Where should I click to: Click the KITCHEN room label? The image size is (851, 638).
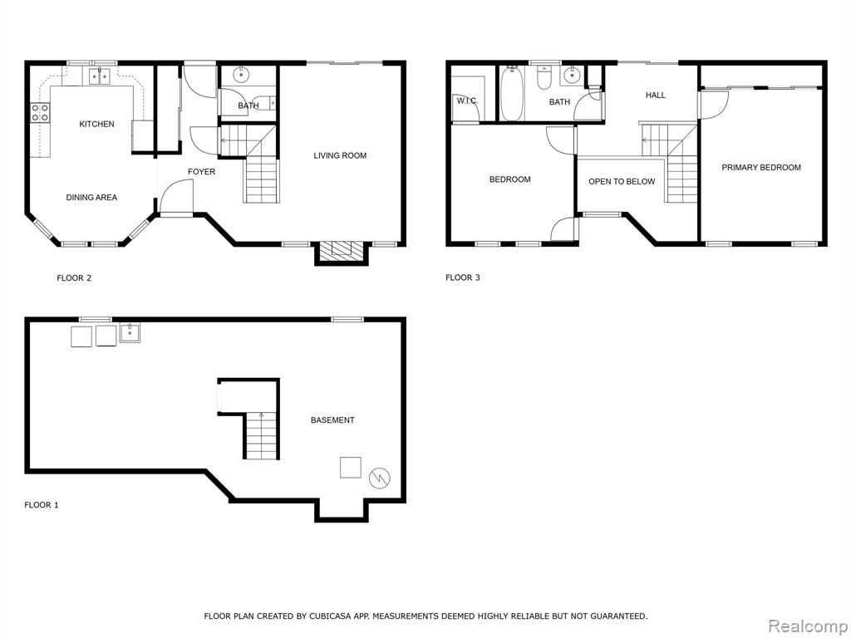pyautogui.click(x=96, y=125)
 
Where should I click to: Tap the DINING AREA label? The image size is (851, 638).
pyautogui.click(x=91, y=198)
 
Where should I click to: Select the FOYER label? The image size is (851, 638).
pyautogui.click(x=201, y=172)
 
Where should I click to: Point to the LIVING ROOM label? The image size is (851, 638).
pyautogui.click(x=340, y=155)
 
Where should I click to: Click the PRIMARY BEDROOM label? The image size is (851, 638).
pyautogui.click(x=761, y=168)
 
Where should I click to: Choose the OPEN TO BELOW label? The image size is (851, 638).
pyautogui.click(x=622, y=182)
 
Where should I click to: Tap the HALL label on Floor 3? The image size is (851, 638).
pyautogui.click(x=655, y=96)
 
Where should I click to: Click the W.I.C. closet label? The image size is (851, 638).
pyautogui.click(x=467, y=101)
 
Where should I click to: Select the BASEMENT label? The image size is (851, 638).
pyautogui.click(x=332, y=420)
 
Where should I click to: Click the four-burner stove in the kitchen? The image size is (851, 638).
pyautogui.click(x=40, y=113)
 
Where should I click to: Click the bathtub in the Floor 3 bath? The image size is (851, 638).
pyautogui.click(x=512, y=93)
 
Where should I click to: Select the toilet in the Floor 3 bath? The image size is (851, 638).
pyautogui.click(x=544, y=77)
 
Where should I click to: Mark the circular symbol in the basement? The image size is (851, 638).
pyautogui.click(x=379, y=478)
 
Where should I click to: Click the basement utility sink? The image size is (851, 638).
pyautogui.click(x=130, y=332)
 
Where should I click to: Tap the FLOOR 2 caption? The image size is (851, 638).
pyautogui.click(x=74, y=278)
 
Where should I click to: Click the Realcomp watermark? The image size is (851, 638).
pyautogui.click(x=808, y=626)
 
